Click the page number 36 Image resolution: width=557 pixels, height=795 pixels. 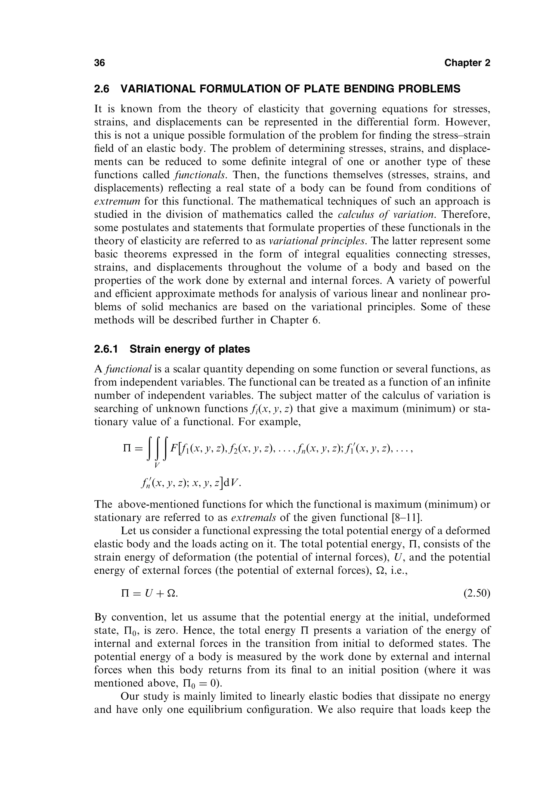pos(100,63)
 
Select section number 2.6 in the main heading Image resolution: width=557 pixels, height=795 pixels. pos(101,89)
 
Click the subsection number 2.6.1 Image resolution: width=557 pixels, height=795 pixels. pos(106,349)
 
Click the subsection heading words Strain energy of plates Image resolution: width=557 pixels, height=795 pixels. pos(190,349)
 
